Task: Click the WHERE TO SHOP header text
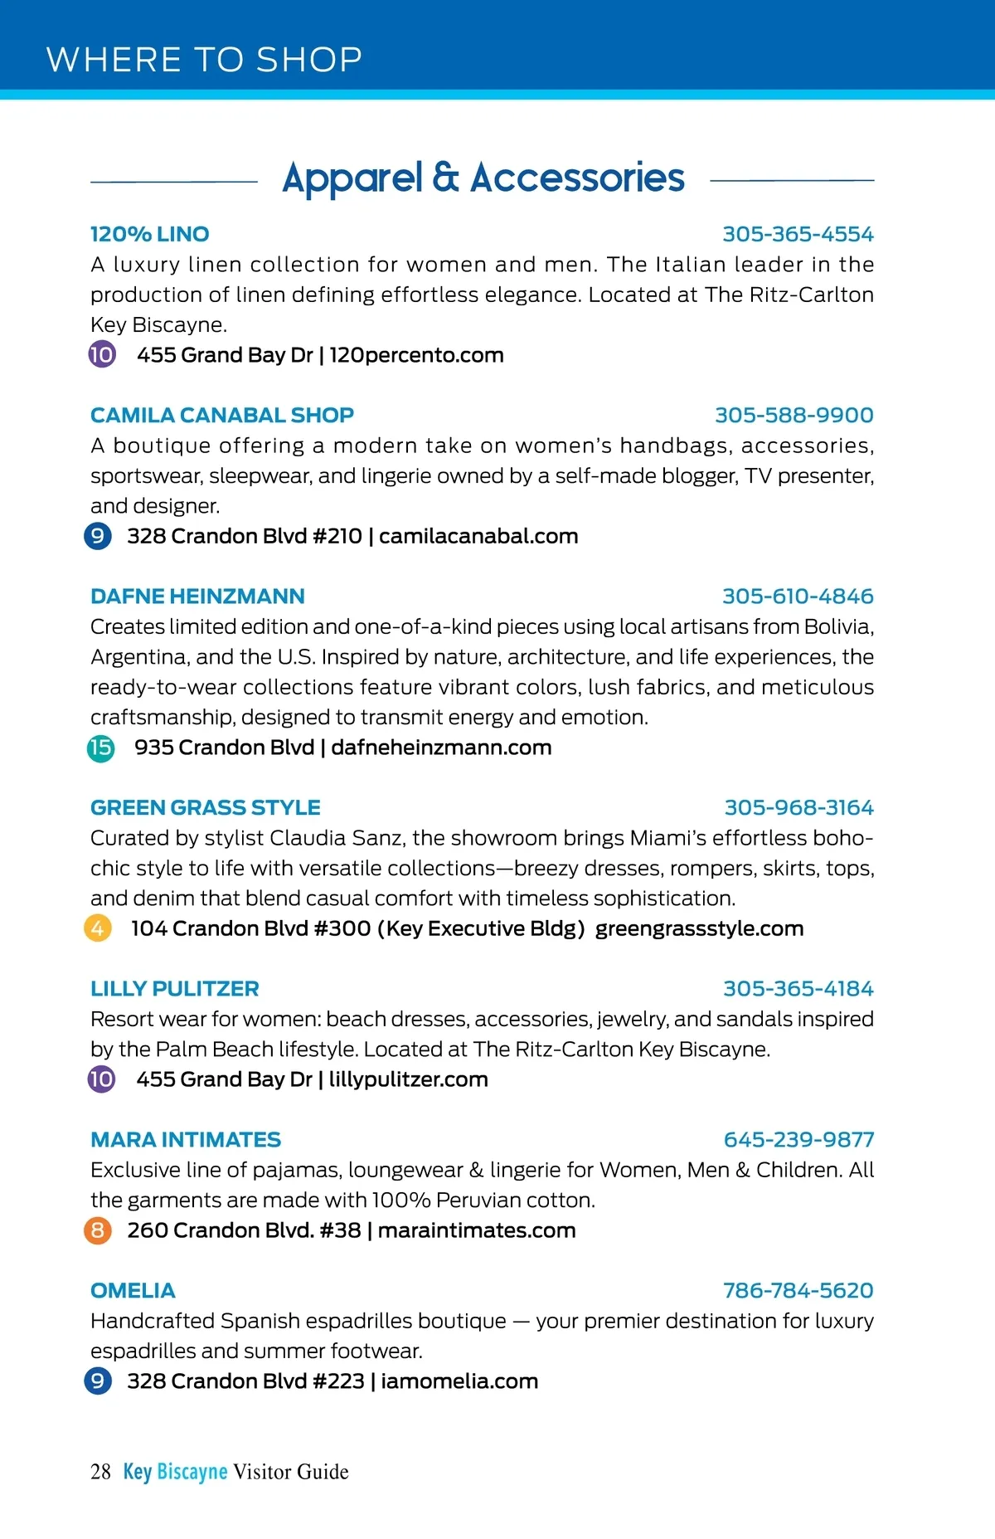point(204,60)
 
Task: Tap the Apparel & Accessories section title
point(483,178)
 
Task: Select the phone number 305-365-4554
point(798,234)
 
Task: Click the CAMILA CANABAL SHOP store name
point(221,415)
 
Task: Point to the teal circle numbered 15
point(101,748)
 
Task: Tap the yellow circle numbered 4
point(98,928)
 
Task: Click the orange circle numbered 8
point(98,1230)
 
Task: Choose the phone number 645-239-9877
point(798,1139)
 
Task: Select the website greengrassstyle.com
point(699,928)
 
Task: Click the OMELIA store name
point(133,1290)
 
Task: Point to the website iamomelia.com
point(459,1381)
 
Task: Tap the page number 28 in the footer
point(100,1472)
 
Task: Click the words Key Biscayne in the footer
point(175,1472)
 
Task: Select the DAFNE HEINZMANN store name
point(197,596)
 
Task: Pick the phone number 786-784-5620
point(798,1290)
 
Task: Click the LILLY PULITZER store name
point(174,988)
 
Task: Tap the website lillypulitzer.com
point(408,1079)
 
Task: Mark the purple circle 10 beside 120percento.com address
point(102,355)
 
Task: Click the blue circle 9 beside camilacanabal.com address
point(98,536)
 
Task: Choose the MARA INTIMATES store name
point(186,1139)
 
